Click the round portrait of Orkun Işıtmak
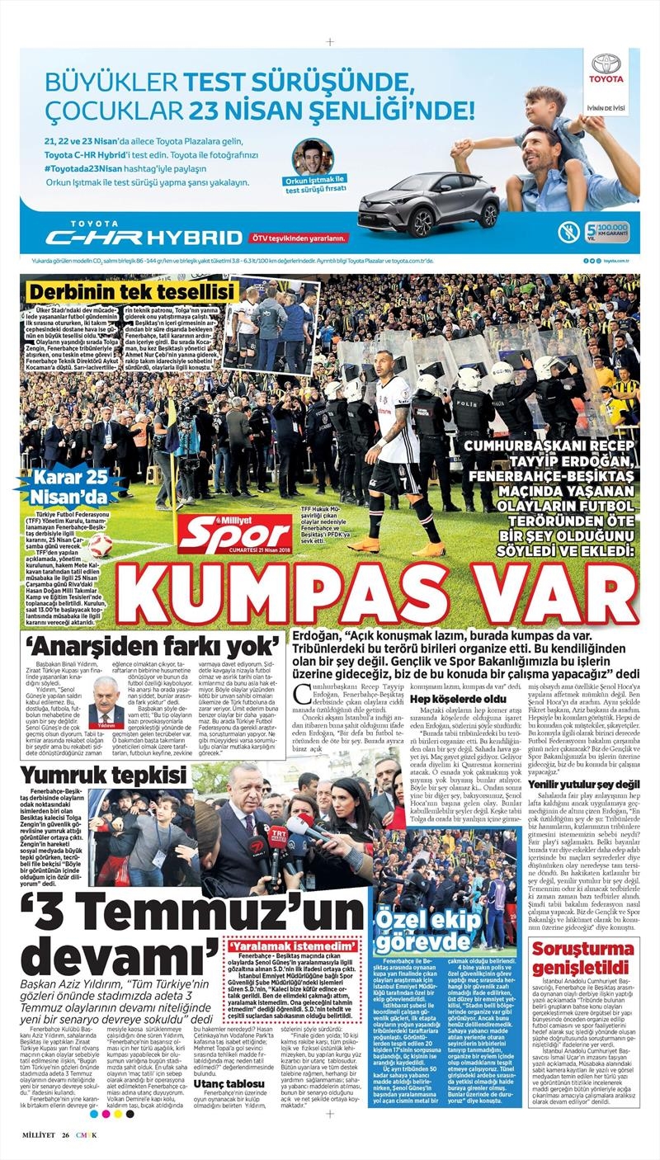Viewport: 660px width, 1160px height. [312, 156]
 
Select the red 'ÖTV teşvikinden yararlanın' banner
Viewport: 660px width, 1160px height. [299, 238]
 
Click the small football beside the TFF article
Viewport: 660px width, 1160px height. [101, 545]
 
